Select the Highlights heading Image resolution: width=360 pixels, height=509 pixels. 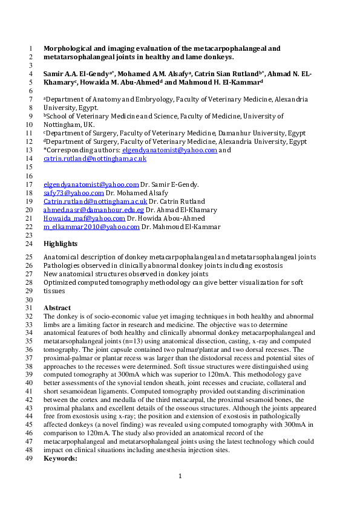(61, 244)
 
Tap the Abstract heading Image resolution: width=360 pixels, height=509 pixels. (57, 308)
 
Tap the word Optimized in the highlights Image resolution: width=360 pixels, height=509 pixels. (61, 282)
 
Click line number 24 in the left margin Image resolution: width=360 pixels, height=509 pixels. (30, 244)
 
